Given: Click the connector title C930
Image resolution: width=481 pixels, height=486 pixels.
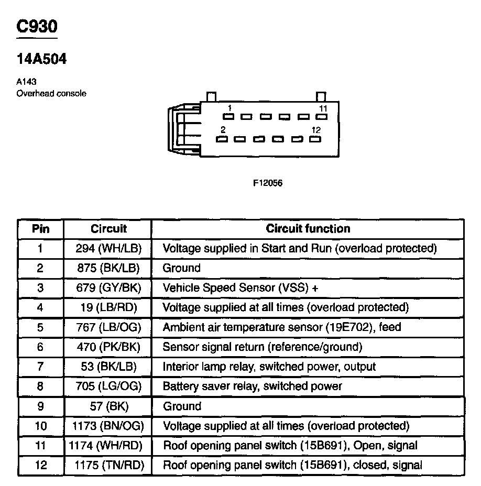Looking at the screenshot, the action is click(37, 27).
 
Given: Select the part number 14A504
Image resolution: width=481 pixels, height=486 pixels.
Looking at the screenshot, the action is click(42, 60).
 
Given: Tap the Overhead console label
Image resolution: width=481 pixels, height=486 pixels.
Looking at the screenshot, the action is click(51, 94).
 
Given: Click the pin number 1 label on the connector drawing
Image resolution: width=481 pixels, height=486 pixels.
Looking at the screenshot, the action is click(229, 108).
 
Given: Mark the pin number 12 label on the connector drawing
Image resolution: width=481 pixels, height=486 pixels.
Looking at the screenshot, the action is click(315, 130).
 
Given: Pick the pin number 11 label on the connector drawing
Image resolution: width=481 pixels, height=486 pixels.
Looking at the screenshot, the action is click(323, 108).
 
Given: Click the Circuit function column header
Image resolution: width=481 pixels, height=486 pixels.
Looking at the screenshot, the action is click(308, 228).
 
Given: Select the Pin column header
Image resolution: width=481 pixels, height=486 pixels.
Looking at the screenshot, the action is click(40, 228).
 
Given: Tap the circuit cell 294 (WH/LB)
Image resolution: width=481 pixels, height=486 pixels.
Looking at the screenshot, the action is click(108, 248).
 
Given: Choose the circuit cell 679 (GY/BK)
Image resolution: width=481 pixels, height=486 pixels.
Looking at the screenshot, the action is click(108, 288).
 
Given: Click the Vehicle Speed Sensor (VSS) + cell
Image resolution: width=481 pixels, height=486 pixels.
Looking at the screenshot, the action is click(241, 288).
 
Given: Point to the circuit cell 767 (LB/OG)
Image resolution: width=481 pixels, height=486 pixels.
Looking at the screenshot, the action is click(108, 327).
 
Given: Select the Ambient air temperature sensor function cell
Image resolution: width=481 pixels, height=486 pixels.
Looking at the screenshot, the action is click(282, 327).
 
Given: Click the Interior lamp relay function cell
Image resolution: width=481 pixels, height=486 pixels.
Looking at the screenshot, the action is click(269, 367).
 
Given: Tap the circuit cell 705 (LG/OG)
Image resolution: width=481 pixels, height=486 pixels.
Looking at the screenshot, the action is click(108, 386).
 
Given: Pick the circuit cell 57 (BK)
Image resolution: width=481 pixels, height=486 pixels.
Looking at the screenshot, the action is click(108, 406).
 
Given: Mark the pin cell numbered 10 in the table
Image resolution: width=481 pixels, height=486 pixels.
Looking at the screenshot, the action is click(40, 426).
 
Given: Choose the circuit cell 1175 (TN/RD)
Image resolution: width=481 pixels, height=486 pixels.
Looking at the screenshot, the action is click(109, 465).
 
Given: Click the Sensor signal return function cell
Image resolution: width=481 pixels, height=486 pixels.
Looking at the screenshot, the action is click(263, 347).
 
